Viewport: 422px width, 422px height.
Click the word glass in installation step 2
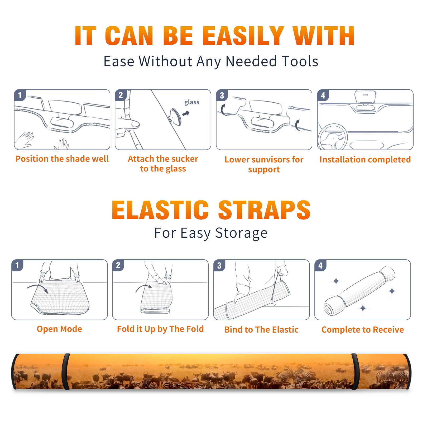(192, 102)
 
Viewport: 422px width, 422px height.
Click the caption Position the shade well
(62, 159)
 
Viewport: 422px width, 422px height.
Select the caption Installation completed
(365, 160)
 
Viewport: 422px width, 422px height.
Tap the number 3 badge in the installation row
(222, 95)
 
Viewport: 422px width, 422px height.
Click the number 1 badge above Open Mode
(17, 265)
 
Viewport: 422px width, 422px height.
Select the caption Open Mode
(59, 329)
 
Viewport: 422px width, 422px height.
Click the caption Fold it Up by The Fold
(160, 329)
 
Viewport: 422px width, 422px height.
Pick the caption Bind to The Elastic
(261, 330)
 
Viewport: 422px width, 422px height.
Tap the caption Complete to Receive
(363, 330)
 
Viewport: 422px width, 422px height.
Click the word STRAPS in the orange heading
(264, 210)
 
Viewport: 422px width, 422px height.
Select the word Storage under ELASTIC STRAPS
(241, 233)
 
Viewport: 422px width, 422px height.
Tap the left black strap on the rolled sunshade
(66, 371)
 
